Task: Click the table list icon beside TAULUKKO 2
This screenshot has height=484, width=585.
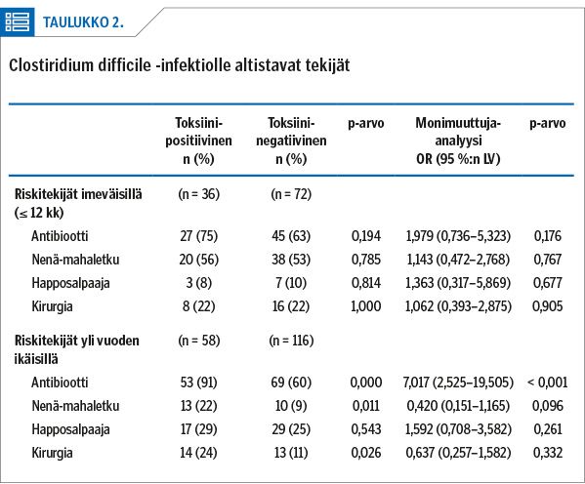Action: (x=18, y=22)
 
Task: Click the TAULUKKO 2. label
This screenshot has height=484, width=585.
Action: (x=83, y=22)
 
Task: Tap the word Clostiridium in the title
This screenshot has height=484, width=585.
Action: (x=51, y=65)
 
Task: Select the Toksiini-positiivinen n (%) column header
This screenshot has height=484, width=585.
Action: (x=199, y=141)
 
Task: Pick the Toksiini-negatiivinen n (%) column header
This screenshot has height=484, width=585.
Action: (x=291, y=141)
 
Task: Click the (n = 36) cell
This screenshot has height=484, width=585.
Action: (x=199, y=194)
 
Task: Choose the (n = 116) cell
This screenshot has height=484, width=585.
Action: (x=291, y=341)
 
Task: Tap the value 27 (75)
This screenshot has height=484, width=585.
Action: (x=199, y=236)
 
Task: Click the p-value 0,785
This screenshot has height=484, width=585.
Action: (x=366, y=260)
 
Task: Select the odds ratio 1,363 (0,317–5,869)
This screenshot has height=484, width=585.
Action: (x=458, y=283)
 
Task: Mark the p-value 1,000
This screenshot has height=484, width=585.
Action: (x=366, y=306)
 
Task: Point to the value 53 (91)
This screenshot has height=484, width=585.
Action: (x=199, y=383)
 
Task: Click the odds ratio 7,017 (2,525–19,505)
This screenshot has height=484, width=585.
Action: (x=458, y=383)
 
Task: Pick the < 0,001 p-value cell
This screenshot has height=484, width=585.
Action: (x=547, y=383)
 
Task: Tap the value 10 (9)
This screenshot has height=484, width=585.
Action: (x=291, y=406)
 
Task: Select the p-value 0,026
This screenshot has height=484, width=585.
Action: (x=366, y=453)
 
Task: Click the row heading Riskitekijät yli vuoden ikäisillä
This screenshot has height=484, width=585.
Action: (x=77, y=350)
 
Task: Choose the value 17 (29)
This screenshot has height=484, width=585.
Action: (x=199, y=429)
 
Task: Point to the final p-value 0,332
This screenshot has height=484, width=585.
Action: (x=547, y=453)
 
